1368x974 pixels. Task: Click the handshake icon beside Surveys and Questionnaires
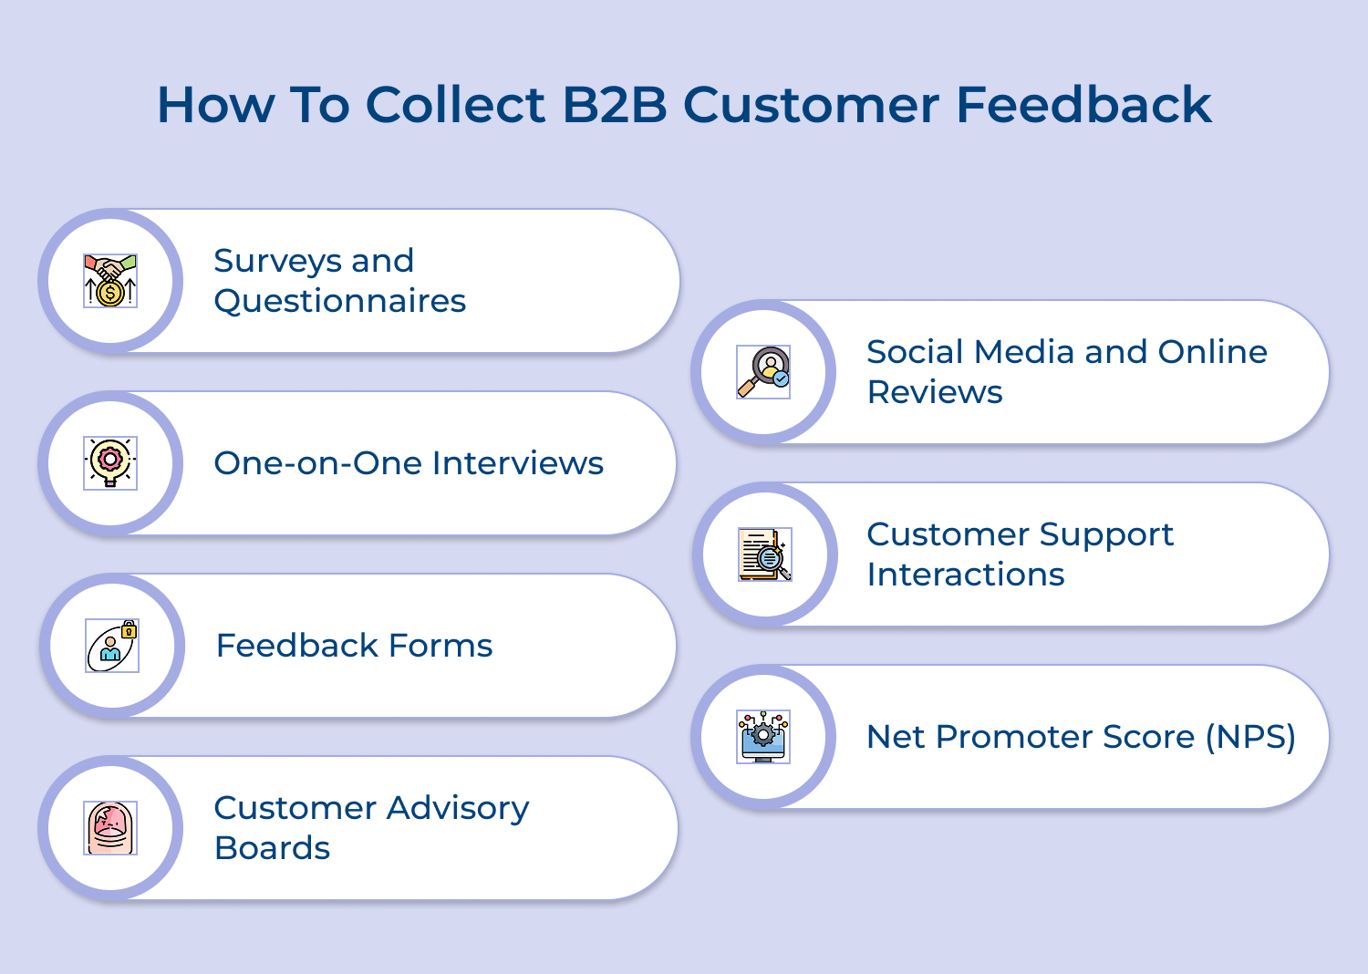tap(110, 281)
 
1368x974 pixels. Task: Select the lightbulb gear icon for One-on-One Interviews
tap(110, 463)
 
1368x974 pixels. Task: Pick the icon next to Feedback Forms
tap(111, 646)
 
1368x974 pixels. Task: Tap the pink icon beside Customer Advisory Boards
tap(110, 828)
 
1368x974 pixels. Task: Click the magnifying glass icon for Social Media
tap(763, 372)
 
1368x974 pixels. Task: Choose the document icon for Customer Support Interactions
tap(764, 554)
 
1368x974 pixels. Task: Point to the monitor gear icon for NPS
tap(763, 737)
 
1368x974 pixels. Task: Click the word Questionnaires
tap(339, 302)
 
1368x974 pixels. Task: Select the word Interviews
tap(517, 463)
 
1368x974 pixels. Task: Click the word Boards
tap(272, 848)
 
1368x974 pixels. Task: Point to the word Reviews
tap(934, 392)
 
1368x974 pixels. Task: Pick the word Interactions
tap(965, 575)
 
